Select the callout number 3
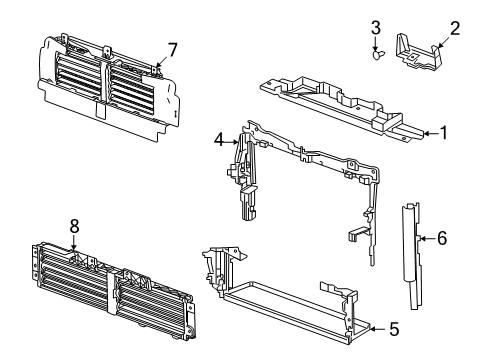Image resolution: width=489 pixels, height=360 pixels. [x=376, y=26]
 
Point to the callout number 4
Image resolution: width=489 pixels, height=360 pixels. [x=218, y=141]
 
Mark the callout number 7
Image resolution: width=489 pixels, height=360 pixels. [x=171, y=48]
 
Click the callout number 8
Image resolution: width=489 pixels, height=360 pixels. [x=74, y=227]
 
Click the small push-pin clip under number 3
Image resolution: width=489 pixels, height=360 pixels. [x=376, y=57]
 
